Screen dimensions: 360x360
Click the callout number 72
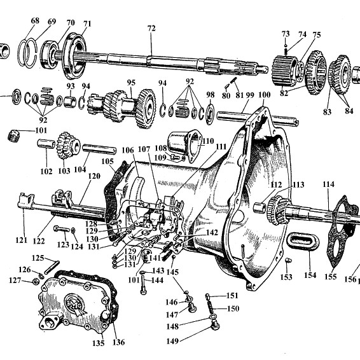[x=151, y=29]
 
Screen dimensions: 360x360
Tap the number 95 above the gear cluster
[x=131, y=82]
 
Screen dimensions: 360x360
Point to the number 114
[x=328, y=184]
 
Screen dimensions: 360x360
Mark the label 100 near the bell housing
[x=263, y=95]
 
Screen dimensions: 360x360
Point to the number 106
[x=128, y=150]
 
